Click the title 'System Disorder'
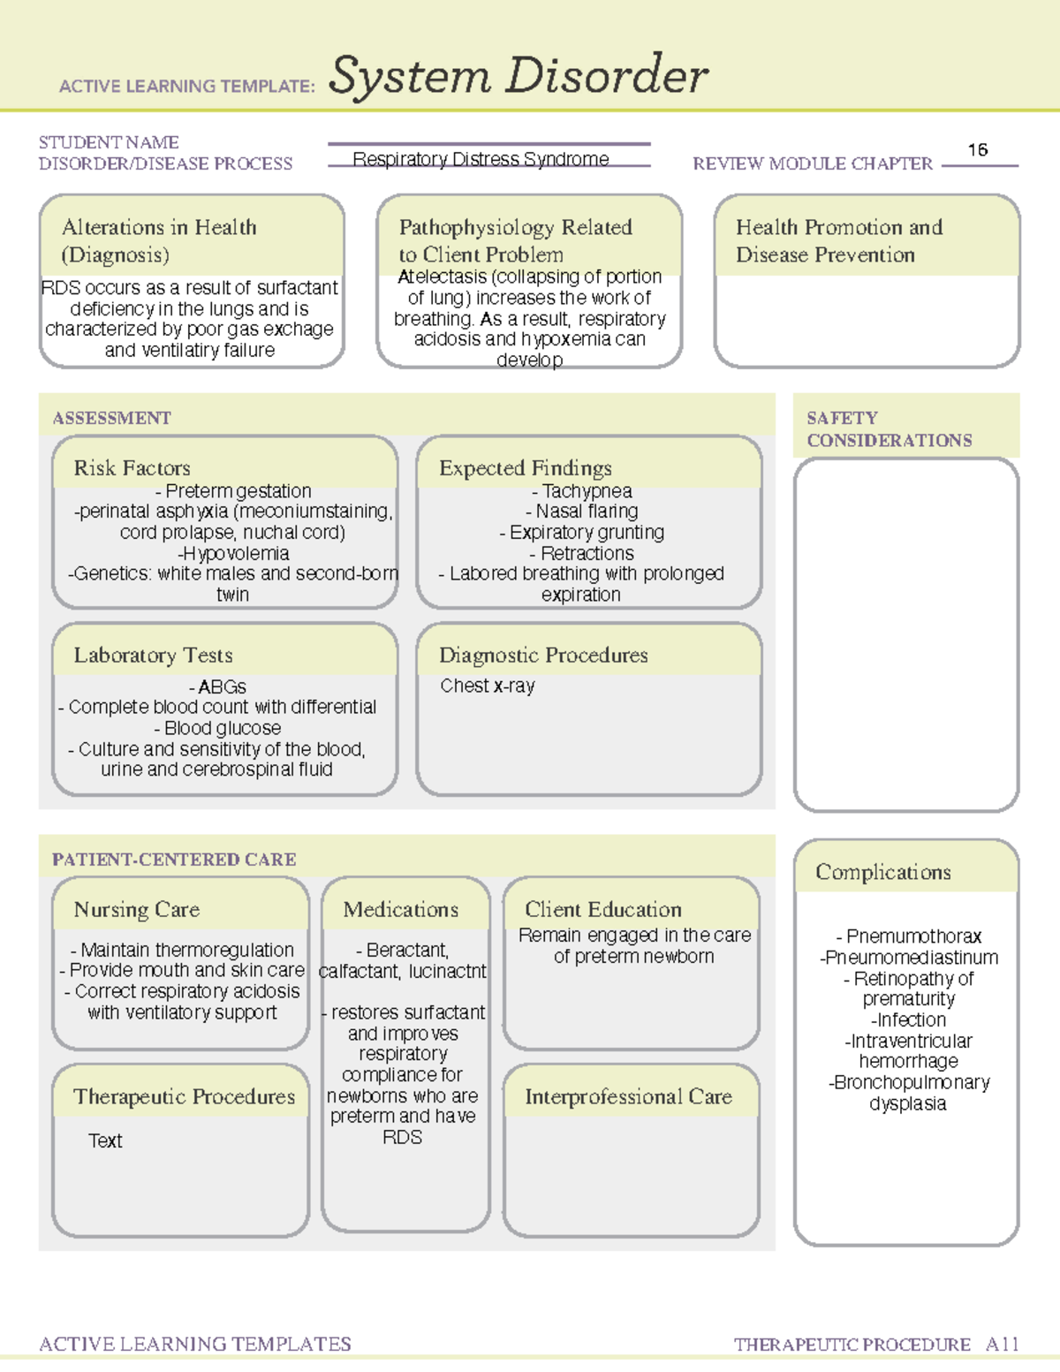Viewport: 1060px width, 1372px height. [518, 76]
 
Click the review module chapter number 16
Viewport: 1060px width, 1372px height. [977, 150]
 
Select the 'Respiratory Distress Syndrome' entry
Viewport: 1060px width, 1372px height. [481, 159]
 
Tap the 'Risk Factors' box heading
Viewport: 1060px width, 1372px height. [132, 467]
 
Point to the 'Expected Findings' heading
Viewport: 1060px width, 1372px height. [525, 467]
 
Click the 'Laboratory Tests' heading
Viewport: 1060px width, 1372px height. [153, 655]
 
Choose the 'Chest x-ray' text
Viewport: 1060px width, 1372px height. [488, 686]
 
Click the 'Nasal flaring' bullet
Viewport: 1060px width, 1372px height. [582, 511]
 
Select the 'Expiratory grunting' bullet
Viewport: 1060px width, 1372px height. [582, 532]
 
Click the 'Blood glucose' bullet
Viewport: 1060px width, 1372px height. [218, 728]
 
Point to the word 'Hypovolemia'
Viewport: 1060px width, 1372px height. [234, 553]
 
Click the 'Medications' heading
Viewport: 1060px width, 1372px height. [401, 909]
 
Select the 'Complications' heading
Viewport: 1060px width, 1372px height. [883, 872]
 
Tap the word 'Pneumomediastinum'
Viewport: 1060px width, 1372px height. [910, 957]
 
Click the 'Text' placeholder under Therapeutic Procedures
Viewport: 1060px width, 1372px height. [105, 1141]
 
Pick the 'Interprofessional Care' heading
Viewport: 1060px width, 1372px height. [628, 1096]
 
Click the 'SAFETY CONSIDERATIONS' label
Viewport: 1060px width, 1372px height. [889, 428]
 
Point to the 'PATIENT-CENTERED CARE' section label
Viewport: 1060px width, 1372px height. [174, 859]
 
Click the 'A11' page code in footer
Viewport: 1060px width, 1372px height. [1003, 1344]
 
